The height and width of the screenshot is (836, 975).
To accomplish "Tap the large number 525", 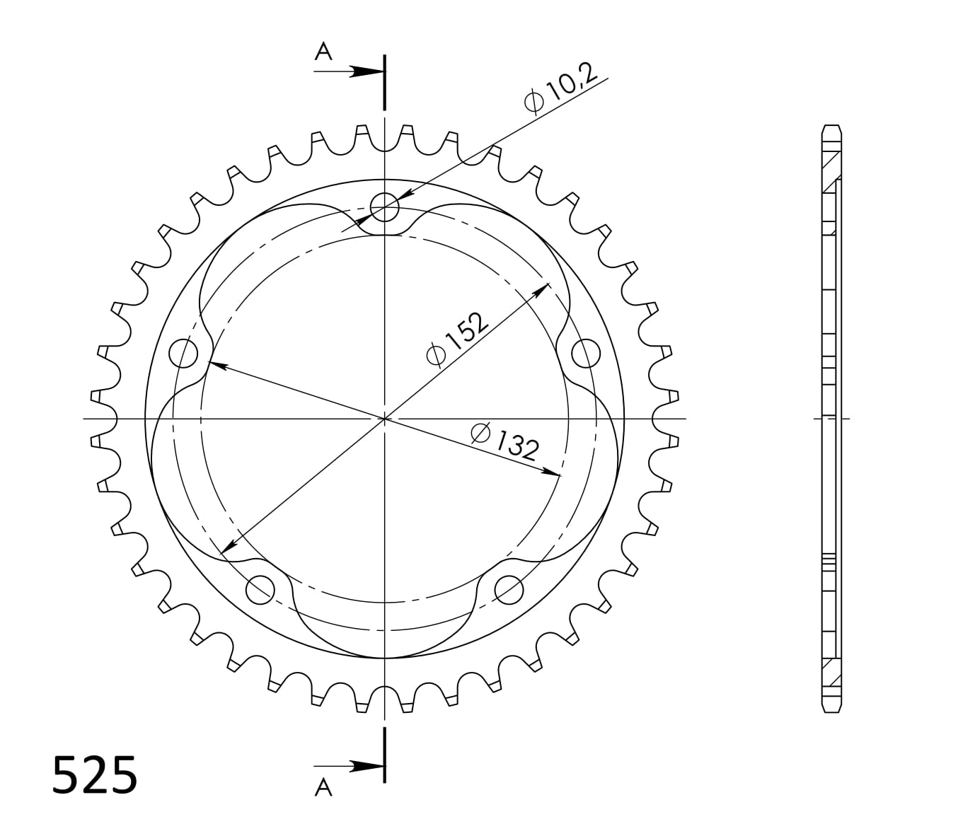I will coord(95,776).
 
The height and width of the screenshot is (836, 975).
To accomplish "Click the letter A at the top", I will coord(323,52).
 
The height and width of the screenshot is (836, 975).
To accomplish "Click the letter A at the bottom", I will coord(323,787).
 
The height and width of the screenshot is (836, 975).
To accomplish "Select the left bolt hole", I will coord(185,352).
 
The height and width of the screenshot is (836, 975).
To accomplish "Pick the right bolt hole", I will coord(585,352).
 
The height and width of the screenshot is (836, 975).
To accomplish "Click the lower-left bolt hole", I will coord(260,588).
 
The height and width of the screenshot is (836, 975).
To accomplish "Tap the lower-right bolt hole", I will coord(509,588).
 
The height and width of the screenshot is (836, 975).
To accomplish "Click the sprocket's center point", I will coord(384,419).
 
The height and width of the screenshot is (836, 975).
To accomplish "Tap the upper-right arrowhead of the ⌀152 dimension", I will coord(544,288).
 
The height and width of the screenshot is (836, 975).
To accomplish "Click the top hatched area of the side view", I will coord(831,170).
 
